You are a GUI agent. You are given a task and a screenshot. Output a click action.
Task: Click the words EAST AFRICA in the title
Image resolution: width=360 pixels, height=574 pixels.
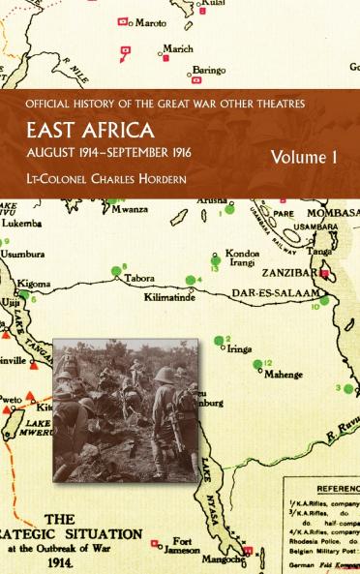106,133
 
